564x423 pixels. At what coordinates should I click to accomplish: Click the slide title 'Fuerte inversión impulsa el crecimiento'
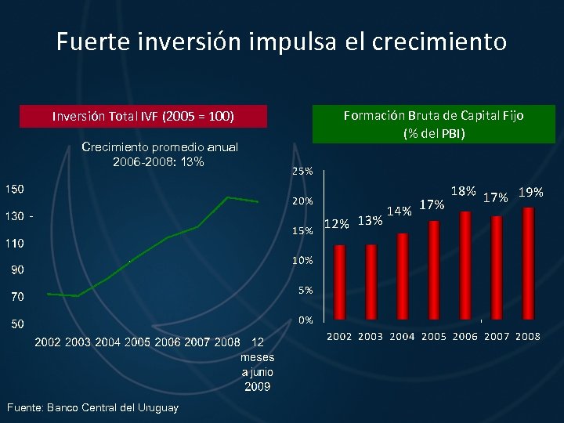click(281, 41)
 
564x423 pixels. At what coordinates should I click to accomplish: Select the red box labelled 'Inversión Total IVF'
click(143, 116)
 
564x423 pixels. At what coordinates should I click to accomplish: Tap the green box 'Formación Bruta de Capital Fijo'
click(434, 124)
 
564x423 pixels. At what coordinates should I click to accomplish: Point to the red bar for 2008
click(528, 263)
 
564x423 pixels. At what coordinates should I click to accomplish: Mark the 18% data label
click(463, 190)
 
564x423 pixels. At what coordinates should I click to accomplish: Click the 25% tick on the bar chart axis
click(303, 171)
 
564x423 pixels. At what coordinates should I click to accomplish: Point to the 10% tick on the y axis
click(303, 260)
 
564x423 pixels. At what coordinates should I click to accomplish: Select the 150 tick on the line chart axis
click(15, 189)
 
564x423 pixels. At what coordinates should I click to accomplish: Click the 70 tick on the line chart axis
click(16, 297)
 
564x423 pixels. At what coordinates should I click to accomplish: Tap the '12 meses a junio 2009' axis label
click(256, 364)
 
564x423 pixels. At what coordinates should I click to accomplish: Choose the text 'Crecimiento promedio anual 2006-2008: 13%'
click(159, 154)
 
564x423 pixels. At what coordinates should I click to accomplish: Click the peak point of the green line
click(228, 197)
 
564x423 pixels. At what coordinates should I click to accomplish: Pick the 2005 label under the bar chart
click(433, 336)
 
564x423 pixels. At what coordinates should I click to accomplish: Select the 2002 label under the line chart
click(48, 342)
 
